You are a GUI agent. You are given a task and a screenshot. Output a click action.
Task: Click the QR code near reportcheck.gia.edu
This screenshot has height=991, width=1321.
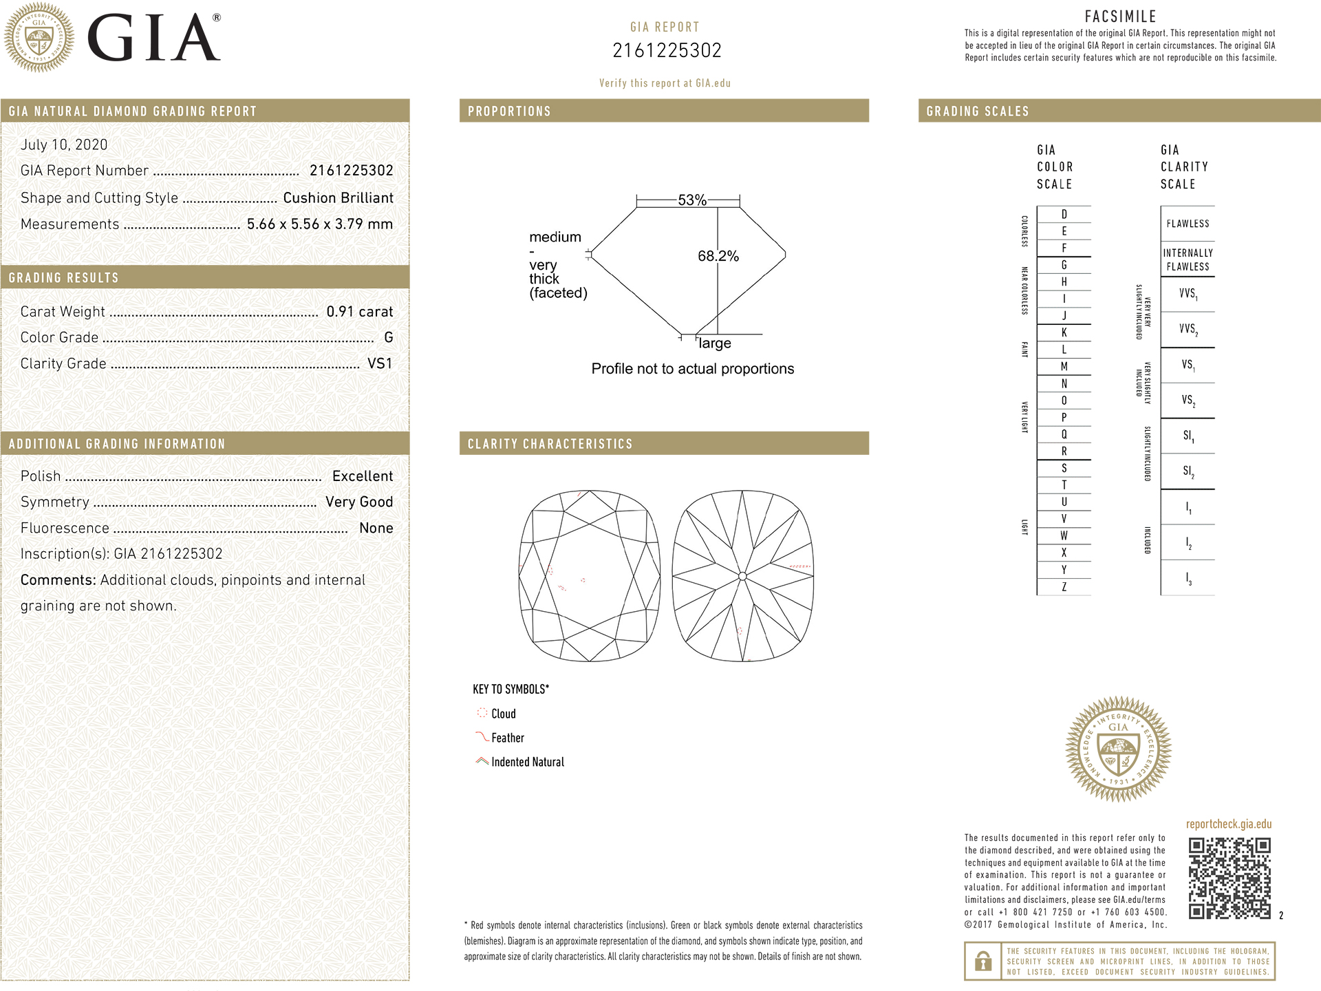1229,877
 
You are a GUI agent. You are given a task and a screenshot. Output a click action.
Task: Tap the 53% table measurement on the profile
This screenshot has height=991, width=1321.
691,200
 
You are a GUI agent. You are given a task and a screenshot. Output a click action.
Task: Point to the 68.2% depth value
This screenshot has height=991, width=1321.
718,256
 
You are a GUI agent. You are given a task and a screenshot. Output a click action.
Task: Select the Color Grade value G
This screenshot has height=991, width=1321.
389,337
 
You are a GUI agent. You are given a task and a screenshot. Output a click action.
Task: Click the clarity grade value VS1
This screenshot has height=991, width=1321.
380,363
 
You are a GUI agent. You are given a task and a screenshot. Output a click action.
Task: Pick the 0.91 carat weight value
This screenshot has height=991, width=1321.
359,312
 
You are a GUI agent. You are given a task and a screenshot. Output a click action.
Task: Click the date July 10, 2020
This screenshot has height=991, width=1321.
64,145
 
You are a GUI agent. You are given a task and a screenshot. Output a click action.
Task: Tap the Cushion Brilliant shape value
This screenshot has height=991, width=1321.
338,198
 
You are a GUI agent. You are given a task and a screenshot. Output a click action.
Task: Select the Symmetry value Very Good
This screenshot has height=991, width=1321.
359,502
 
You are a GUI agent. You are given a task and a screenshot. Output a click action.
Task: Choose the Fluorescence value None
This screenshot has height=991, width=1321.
376,528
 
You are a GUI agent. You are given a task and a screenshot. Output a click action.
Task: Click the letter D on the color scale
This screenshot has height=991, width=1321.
1064,215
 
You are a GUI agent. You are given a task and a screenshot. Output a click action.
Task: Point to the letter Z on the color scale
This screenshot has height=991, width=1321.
1064,587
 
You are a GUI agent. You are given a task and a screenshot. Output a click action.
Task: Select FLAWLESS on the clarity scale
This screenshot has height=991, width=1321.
1188,224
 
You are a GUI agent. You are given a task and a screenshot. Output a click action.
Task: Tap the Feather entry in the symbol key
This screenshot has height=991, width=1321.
507,738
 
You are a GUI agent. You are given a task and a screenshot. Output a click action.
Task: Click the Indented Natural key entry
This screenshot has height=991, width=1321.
527,762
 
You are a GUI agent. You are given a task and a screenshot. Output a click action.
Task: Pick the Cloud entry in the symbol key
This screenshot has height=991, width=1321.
503,714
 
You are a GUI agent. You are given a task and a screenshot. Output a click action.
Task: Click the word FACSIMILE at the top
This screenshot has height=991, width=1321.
1120,17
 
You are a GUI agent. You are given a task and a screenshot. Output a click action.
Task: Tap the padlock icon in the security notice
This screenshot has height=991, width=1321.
983,961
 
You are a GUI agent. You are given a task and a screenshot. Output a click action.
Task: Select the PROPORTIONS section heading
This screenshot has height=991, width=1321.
509,111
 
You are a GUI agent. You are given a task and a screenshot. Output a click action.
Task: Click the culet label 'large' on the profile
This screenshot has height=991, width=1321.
715,343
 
